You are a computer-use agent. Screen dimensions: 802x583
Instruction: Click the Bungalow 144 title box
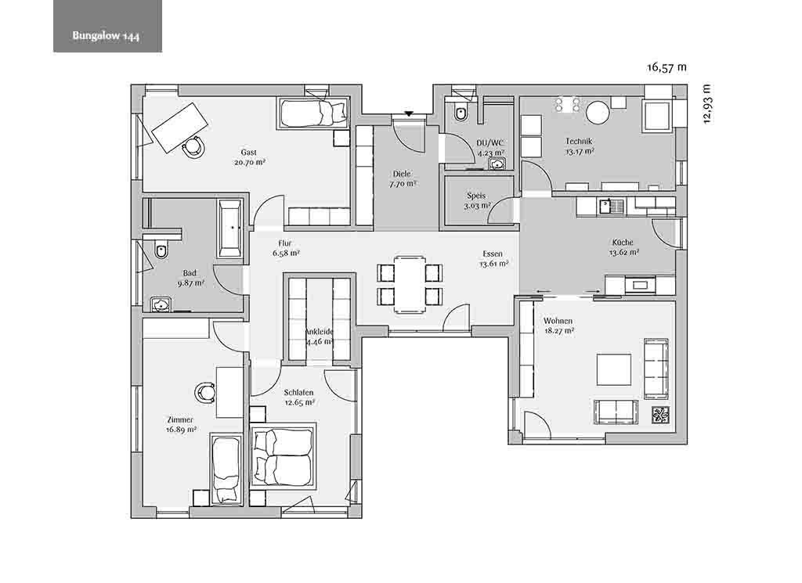(x=107, y=26)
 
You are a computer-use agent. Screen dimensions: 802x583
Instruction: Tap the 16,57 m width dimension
(x=667, y=67)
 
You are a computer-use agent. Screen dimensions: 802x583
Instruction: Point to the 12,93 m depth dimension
(x=707, y=104)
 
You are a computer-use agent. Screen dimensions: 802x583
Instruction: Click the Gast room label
(x=248, y=153)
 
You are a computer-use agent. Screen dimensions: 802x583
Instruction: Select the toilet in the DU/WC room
(x=461, y=112)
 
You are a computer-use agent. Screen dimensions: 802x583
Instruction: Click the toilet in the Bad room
(x=161, y=251)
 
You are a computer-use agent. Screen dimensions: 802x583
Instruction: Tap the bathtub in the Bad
(x=230, y=228)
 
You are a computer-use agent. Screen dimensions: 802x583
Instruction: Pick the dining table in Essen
(x=410, y=283)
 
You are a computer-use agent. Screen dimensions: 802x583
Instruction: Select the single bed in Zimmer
(x=226, y=469)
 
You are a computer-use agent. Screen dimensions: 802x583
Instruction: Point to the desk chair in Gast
(x=193, y=147)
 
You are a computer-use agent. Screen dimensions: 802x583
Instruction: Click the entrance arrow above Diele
(x=409, y=113)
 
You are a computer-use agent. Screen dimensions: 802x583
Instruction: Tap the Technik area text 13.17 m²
(x=580, y=151)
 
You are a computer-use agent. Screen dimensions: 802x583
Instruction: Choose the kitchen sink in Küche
(x=612, y=207)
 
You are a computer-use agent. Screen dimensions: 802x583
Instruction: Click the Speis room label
(x=476, y=196)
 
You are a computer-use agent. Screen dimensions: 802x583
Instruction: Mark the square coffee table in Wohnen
(x=614, y=369)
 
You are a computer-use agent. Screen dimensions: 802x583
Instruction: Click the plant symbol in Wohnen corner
(x=659, y=415)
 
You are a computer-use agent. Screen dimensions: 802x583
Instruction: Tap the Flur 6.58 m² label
(x=285, y=248)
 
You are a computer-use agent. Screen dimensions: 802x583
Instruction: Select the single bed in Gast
(x=313, y=112)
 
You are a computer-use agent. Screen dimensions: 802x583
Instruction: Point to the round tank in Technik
(x=598, y=113)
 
